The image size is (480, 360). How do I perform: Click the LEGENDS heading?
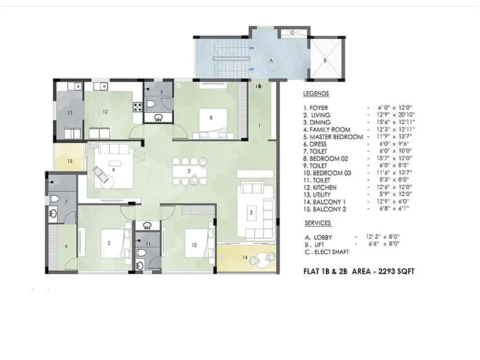coord(316,94)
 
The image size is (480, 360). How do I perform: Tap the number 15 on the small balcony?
coord(70,161)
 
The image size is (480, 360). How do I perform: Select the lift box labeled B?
coord(325,60)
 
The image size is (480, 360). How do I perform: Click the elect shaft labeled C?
coord(292,33)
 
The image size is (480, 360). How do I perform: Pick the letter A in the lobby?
coord(271,61)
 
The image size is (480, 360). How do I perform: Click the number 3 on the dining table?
coord(189,171)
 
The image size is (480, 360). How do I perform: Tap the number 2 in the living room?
coord(251,211)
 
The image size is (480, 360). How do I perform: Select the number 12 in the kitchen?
coord(104,112)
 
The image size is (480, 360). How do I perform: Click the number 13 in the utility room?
coord(70,112)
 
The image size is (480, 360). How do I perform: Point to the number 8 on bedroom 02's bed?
coord(211,118)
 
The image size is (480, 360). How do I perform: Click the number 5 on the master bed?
coord(109,243)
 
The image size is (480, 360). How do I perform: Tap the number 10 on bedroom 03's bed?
coord(194,244)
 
